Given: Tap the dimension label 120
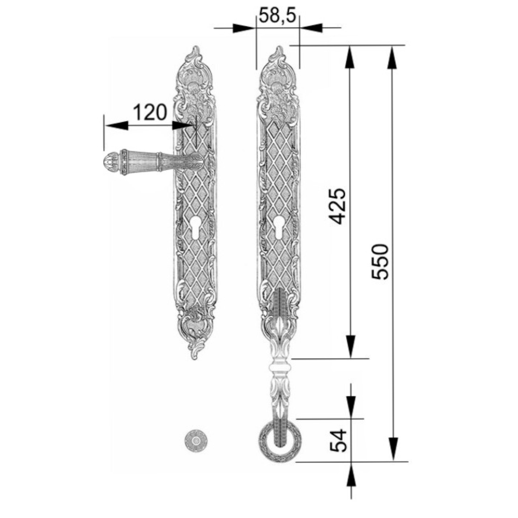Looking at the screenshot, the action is (150, 112).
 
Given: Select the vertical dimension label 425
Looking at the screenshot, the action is (337, 206).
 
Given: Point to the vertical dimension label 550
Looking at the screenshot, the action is (380, 262).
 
